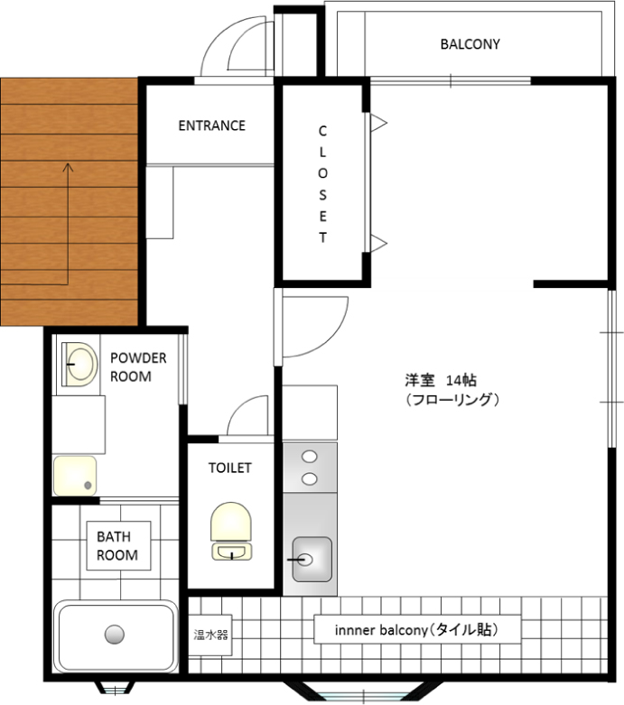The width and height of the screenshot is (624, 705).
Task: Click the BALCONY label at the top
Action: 470,44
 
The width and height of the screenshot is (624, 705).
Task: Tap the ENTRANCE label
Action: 212,125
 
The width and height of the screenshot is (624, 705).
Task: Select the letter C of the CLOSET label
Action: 322,131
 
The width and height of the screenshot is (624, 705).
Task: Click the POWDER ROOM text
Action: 138,366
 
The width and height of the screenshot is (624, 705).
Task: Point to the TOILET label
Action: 230,468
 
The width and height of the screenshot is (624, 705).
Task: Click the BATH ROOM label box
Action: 118,546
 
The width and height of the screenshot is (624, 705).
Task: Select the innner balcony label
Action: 417,629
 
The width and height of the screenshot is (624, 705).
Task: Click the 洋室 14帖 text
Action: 440,380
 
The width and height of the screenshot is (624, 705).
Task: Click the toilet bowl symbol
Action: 231,531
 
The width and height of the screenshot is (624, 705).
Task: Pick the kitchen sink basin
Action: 312,560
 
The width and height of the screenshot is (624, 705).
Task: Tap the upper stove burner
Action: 310,457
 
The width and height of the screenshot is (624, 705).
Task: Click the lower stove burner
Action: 310,479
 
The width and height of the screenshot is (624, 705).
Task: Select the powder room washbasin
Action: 80,364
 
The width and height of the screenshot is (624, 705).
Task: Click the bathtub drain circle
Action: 115,635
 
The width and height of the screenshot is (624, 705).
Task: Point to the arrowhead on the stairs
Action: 68,167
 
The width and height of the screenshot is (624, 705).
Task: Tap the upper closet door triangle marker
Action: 378,123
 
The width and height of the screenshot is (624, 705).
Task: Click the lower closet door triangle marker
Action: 378,244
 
